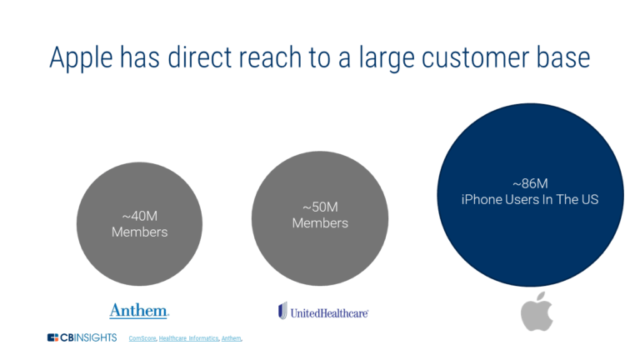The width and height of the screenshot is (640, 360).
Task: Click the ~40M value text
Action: pos(139,215)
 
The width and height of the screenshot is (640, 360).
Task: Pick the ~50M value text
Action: pos(320,207)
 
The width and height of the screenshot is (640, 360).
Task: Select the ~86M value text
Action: pos(531,183)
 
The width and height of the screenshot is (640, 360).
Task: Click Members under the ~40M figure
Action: pos(139,232)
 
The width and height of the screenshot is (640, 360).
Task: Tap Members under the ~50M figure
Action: pos(320,223)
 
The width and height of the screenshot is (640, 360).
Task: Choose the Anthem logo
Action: pos(139,311)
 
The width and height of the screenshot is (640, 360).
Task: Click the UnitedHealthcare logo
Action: pos(322,312)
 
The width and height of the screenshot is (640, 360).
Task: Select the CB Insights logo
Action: pos(82,337)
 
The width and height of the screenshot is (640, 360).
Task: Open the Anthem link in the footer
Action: pos(232,338)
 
